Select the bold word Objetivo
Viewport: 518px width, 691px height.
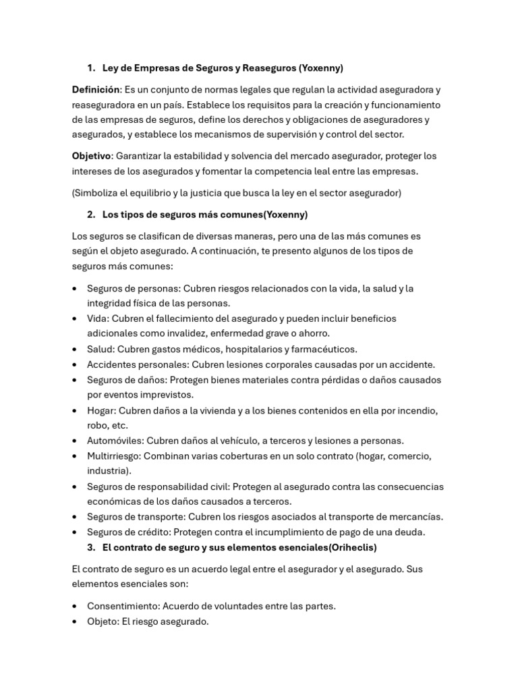tap(91, 156)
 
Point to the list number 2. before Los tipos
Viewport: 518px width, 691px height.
tap(91, 215)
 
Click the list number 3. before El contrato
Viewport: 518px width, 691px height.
tap(91, 547)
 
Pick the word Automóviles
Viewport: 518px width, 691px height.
tap(115, 441)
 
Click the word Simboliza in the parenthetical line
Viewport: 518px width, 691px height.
tap(98, 193)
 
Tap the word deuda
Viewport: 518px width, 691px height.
tap(410, 532)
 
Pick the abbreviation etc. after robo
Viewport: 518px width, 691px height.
tap(119, 425)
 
